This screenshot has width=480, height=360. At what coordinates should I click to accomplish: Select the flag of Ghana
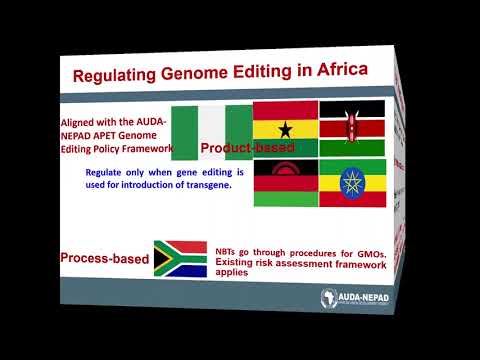284,128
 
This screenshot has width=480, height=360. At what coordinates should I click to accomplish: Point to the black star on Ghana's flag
284,129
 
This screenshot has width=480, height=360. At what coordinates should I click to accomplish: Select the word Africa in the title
336,72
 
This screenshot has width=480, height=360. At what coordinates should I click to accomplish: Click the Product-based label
246,149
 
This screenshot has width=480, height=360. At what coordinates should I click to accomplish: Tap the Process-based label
104,259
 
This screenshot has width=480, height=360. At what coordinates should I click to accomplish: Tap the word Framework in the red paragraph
147,147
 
